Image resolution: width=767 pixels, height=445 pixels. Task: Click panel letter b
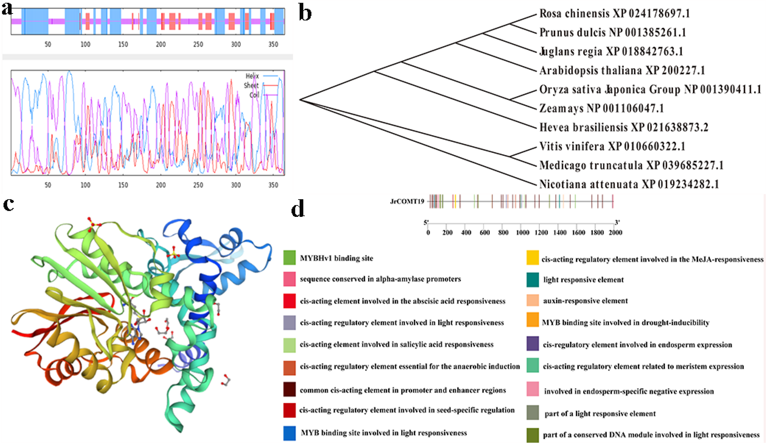click(305, 13)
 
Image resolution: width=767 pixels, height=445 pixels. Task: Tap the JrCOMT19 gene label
click(407, 201)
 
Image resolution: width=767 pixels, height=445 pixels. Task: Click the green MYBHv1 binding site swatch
click(289, 257)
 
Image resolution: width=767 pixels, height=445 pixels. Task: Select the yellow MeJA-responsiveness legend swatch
click(533, 258)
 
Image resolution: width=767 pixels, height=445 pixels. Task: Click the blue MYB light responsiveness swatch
click(289, 433)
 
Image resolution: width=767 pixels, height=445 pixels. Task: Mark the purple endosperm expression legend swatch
click(533, 344)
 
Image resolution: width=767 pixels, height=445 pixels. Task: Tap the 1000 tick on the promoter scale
click(522, 233)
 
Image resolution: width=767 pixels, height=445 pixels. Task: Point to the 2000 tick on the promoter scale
click(615, 233)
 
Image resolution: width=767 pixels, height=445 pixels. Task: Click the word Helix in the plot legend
click(252, 76)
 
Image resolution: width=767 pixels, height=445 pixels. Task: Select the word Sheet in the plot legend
click(251, 85)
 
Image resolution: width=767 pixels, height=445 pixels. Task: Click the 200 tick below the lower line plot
click(161, 185)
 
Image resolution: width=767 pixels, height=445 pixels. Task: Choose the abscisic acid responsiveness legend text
click(402, 301)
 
